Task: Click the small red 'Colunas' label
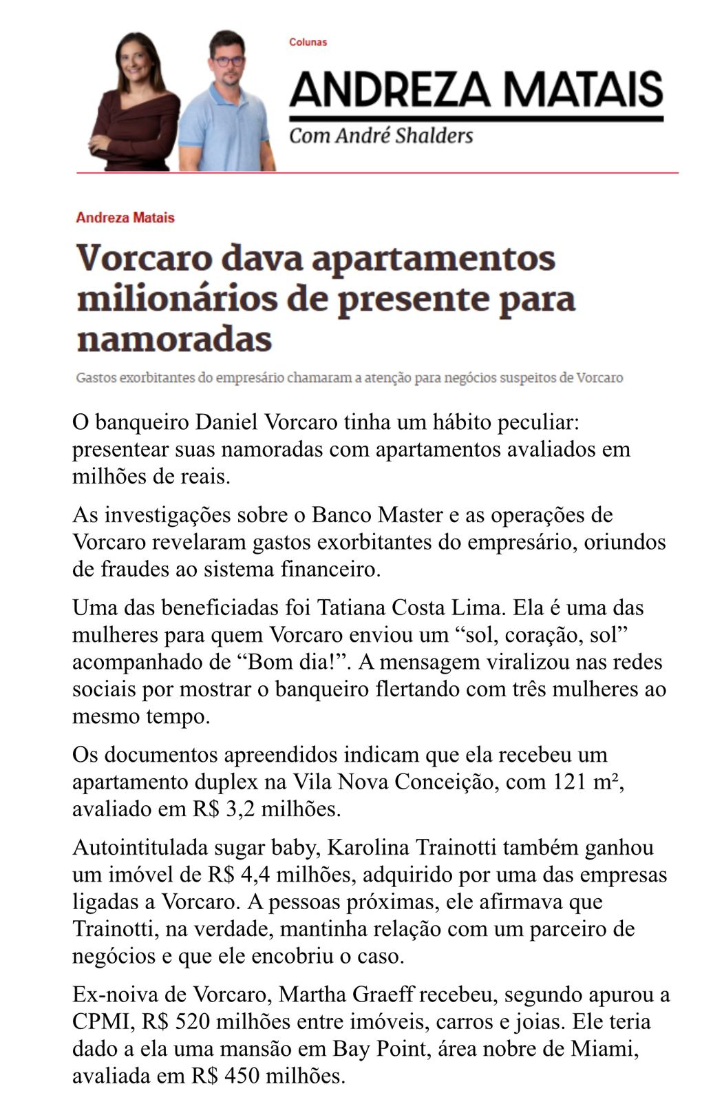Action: click(308, 42)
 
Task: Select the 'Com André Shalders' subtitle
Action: click(381, 135)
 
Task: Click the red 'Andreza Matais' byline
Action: click(125, 218)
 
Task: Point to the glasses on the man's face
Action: click(228, 61)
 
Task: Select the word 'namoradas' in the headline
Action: click(174, 338)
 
